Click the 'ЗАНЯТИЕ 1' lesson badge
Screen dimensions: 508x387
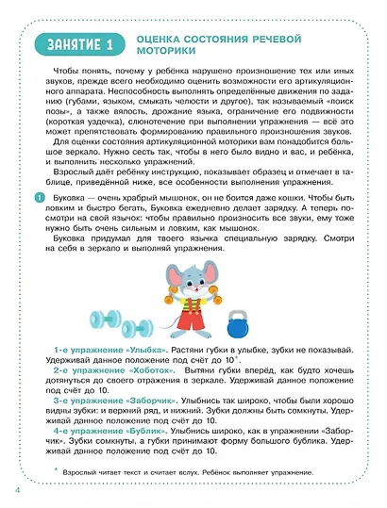77,44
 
